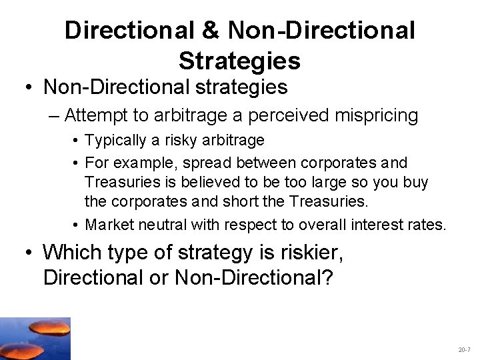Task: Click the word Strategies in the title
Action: (239, 61)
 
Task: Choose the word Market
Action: (111, 225)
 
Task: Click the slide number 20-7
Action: (464, 349)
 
